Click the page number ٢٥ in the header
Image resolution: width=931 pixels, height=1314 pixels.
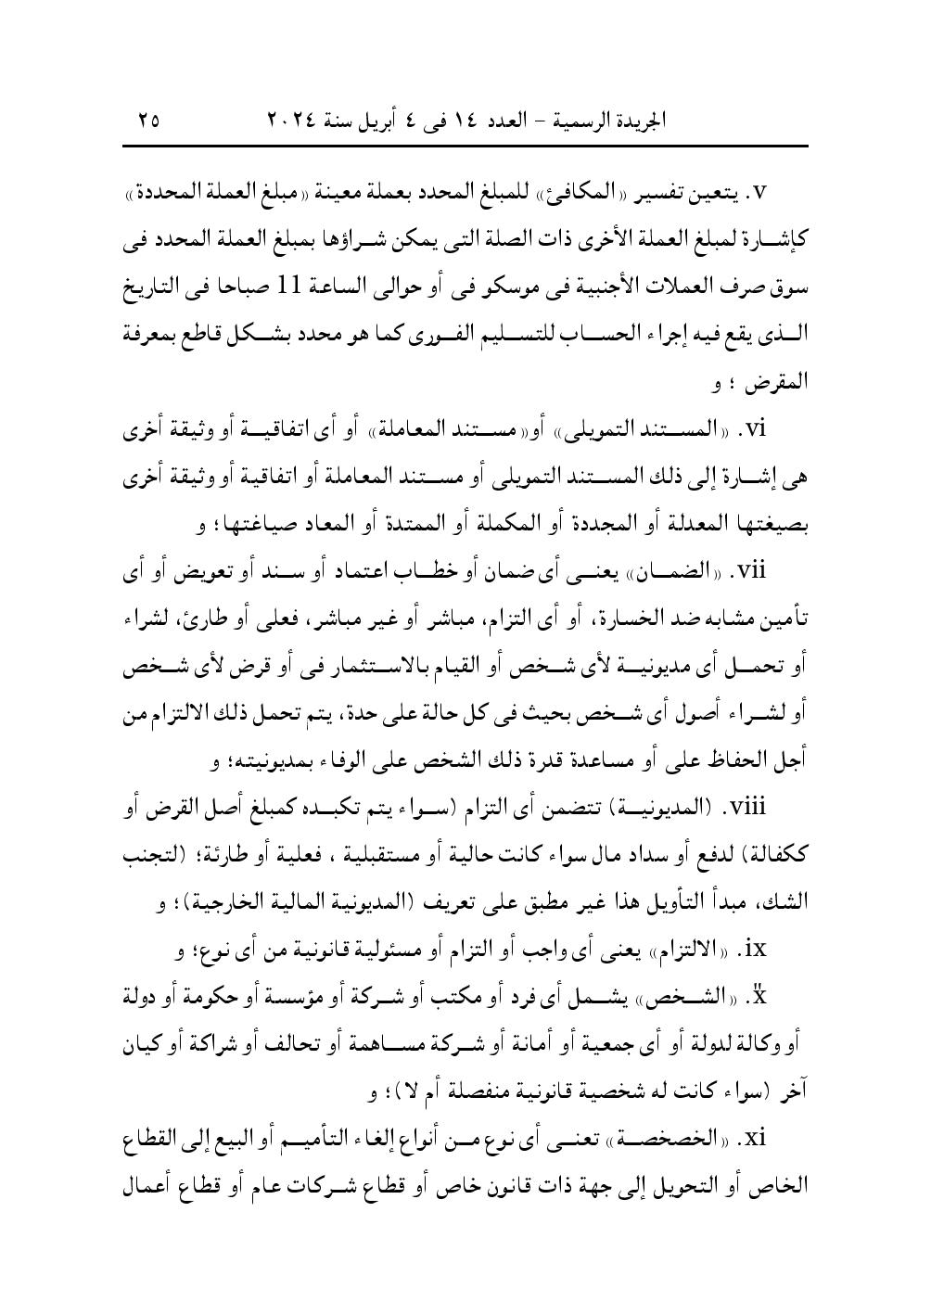[148, 120]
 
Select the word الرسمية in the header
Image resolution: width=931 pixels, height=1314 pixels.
[580, 120]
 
